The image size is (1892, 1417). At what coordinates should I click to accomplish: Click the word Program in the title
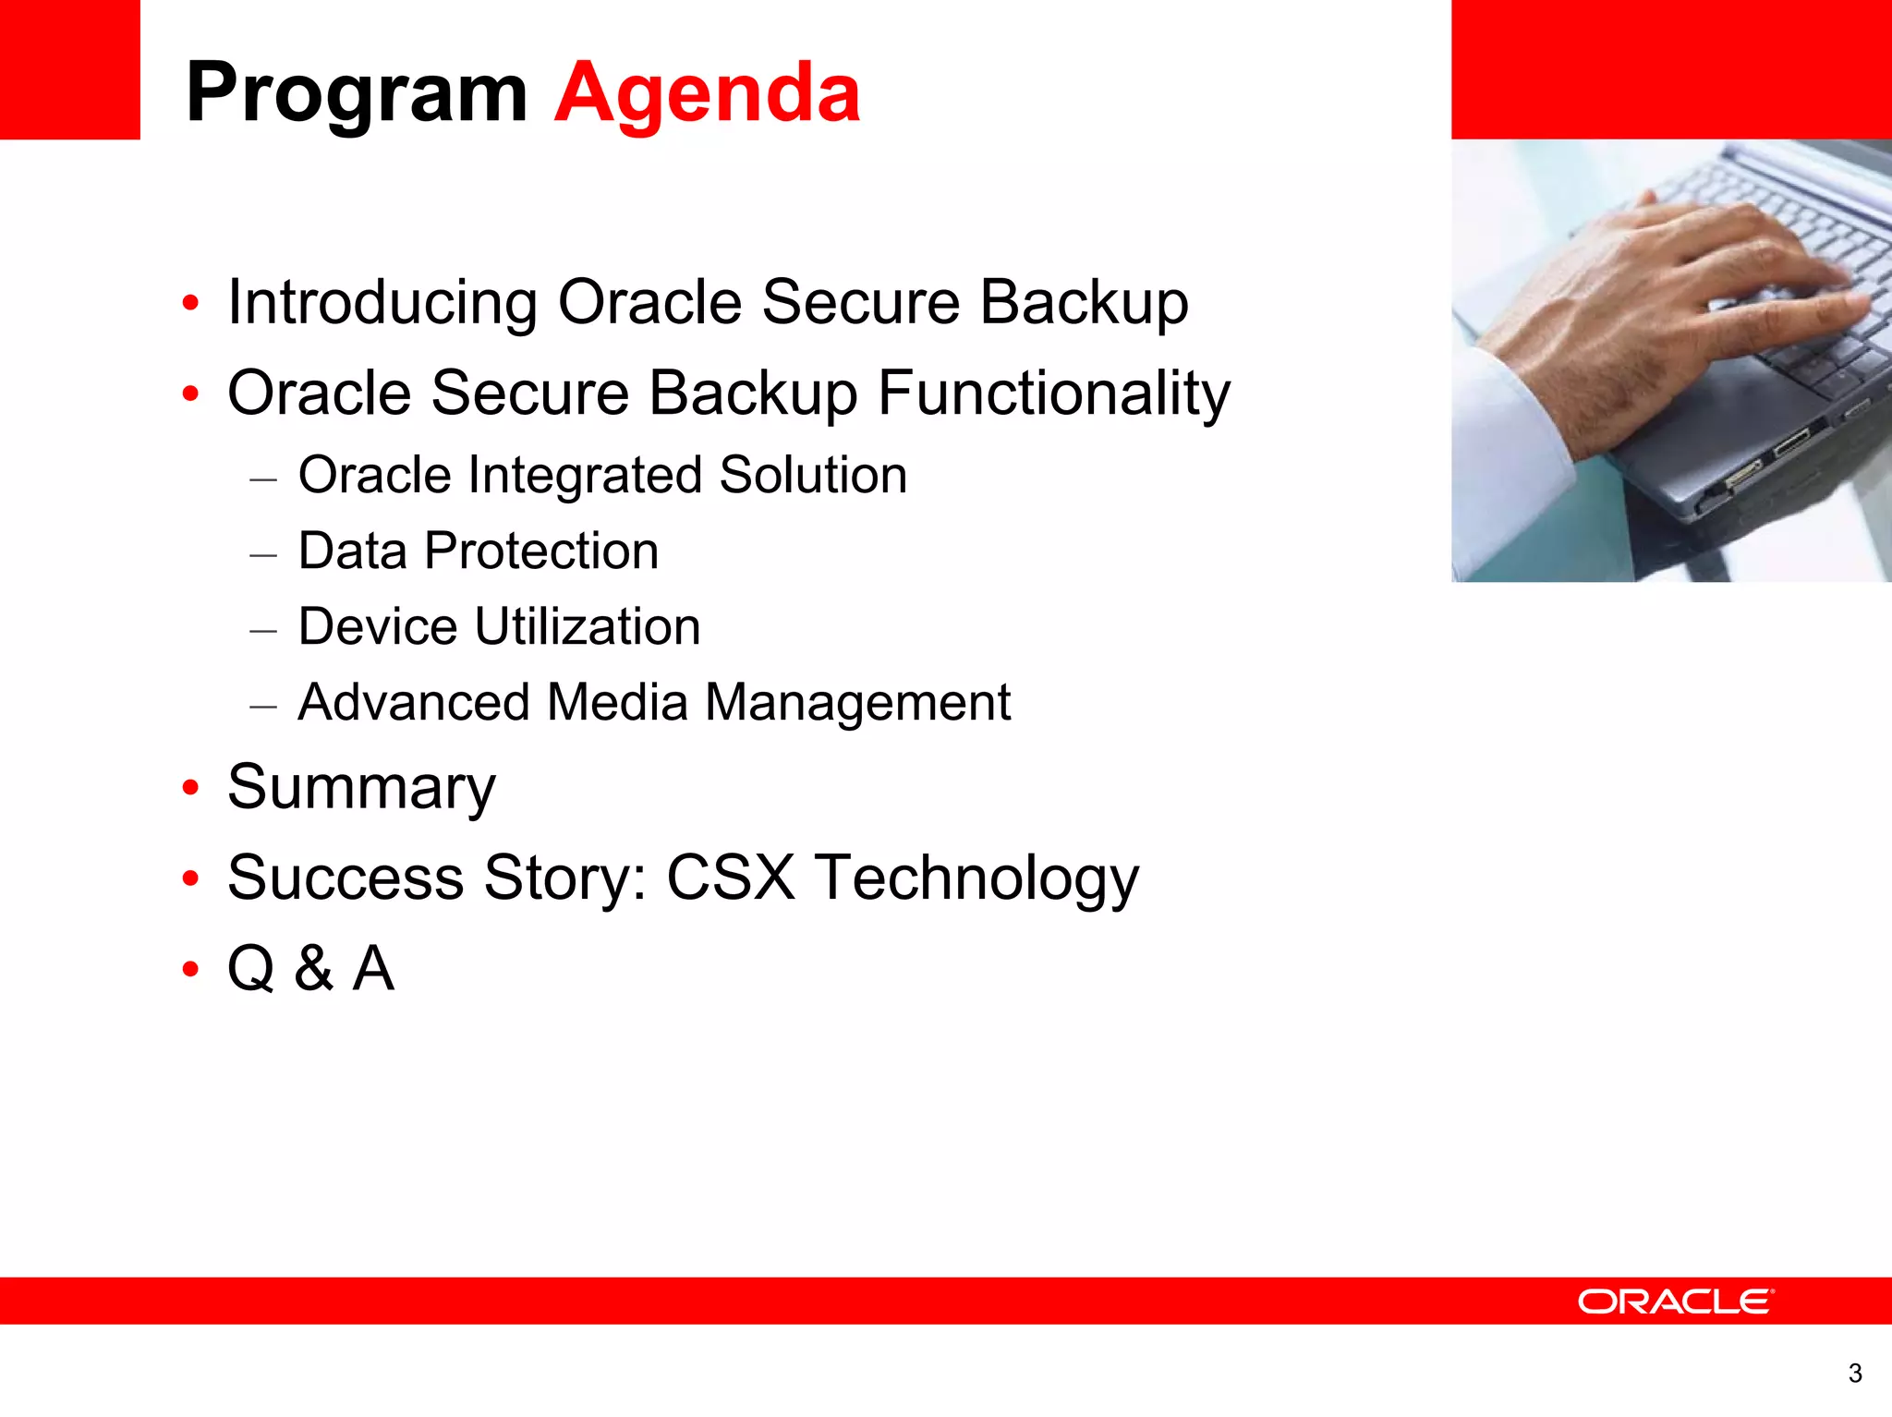(356, 92)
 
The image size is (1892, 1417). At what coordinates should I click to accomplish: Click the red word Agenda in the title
(707, 92)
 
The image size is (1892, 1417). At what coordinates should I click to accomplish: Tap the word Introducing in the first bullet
(382, 302)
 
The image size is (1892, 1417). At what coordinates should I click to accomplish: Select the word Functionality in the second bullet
(1053, 394)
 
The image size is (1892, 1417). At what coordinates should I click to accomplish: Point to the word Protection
(541, 551)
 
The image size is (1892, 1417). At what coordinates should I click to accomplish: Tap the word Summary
(361, 788)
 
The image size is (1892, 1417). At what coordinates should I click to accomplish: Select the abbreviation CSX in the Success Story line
(730, 878)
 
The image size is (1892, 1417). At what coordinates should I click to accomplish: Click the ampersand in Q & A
(314, 969)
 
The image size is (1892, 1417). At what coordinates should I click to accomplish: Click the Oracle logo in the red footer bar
(1675, 1302)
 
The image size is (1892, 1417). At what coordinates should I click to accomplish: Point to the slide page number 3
(1854, 1374)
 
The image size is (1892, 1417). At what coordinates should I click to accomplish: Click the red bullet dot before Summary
(190, 789)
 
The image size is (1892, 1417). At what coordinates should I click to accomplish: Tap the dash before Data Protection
(263, 555)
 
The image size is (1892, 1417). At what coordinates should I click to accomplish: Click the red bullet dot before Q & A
(190, 970)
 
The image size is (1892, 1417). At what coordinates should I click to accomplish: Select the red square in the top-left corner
(69, 69)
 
